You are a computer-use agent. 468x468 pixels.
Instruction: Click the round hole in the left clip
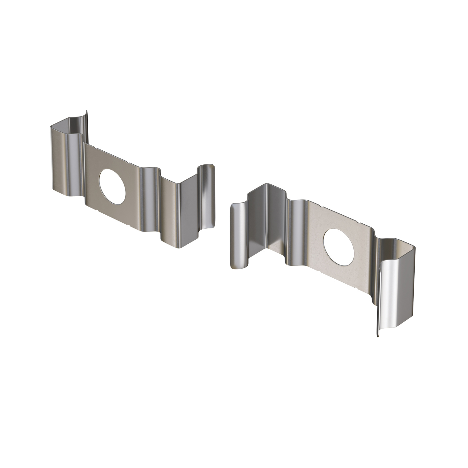point(112,187)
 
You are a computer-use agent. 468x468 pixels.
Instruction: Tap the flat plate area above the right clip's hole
point(337,218)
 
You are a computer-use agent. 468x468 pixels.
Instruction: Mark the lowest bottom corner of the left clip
point(179,248)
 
